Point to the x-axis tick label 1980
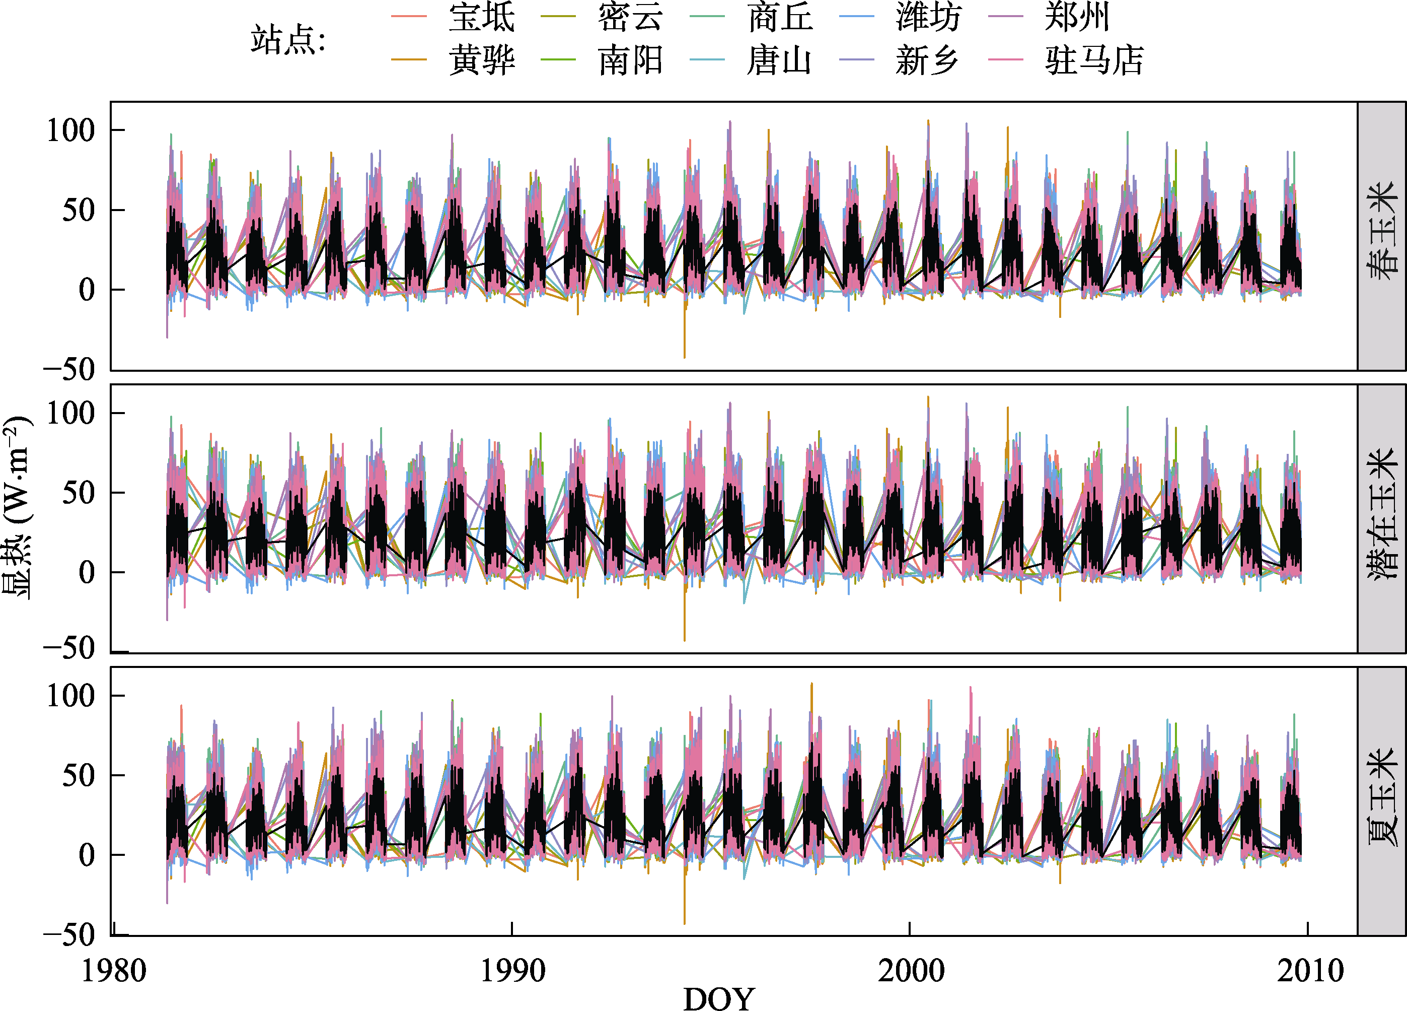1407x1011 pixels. click(x=114, y=971)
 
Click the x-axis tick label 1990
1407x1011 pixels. click(x=513, y=971)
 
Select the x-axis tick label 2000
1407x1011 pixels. click(x=911, y=971)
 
